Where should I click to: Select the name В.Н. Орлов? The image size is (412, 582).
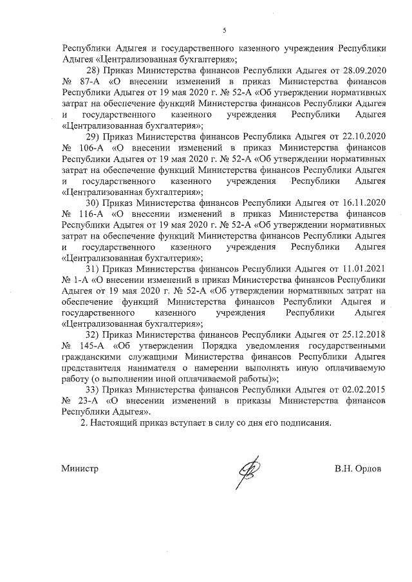coord(358,469)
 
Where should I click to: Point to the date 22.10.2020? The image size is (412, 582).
coord(364,137)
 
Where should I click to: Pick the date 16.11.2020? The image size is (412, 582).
coord(364,203)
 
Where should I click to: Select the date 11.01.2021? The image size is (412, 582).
coord(364,269)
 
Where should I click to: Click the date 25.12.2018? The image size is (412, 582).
coord(364,336)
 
